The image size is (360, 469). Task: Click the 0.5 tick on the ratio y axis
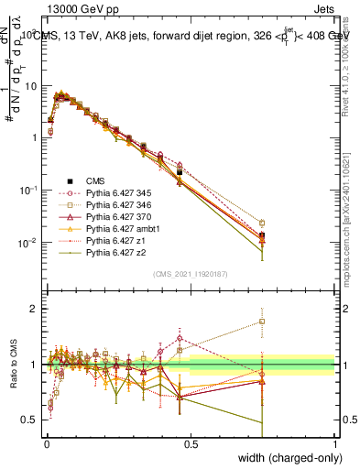click(x=29, y=420)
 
